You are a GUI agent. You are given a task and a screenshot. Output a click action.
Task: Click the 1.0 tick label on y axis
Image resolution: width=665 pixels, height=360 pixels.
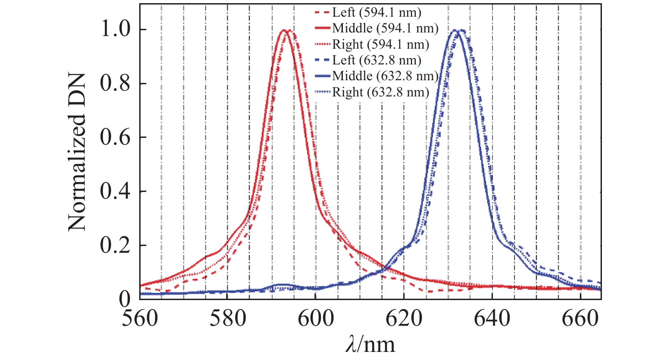click(x=115, y=30)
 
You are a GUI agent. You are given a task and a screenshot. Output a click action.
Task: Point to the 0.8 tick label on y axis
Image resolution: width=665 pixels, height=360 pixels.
click(x=115, y=84)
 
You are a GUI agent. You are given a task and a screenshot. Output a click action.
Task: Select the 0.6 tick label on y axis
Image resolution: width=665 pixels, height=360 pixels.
click(x=115, y=138)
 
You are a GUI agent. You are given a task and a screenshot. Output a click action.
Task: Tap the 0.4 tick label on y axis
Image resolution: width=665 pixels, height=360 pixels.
click(x=115, y=192)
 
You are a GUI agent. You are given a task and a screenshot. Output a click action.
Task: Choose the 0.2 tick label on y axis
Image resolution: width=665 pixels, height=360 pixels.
click(x=115, y=246)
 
